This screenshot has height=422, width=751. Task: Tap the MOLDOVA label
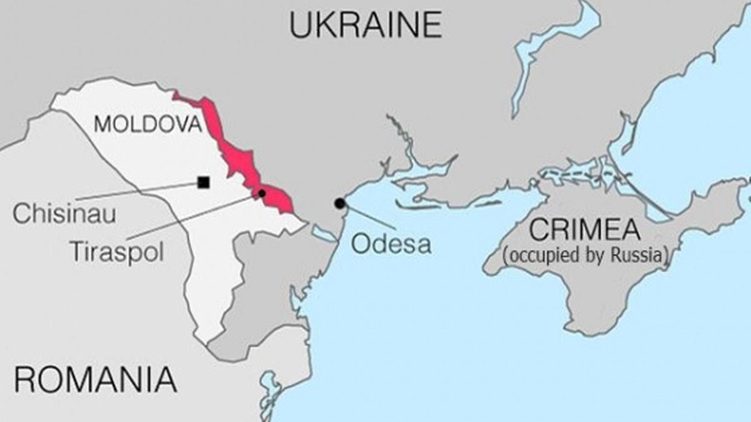pos(148,124)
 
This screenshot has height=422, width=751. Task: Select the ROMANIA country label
pos(95,379)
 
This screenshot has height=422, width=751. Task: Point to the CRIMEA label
pos(585,230)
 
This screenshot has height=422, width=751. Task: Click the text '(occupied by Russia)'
pos(585,255)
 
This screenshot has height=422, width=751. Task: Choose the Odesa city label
pos(391,243)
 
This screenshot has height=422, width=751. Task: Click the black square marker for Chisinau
pos(203,183)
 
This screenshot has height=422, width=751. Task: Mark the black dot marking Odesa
pos(339,203)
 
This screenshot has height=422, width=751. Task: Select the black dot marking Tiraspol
pos(262,193)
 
